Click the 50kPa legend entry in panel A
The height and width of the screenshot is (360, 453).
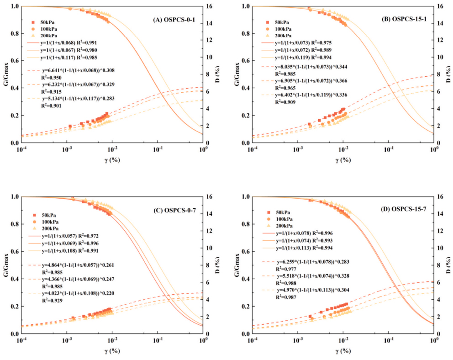pos(47,22)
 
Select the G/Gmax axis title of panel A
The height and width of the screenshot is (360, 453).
pos(5,74)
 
